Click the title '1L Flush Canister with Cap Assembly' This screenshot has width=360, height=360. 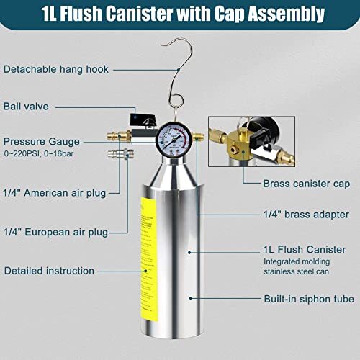[180, 14]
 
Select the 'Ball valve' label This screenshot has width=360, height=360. [25, 106]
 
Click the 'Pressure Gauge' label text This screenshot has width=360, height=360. [41, 141]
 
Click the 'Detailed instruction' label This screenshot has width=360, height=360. [49, 271]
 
